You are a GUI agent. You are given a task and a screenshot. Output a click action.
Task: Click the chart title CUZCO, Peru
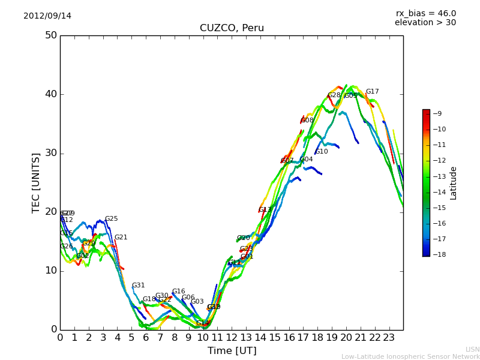pos(232,28)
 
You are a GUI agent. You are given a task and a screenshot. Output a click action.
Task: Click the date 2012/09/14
pos(47,16)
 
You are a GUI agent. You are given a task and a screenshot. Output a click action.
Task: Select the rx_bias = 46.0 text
pos(425,13)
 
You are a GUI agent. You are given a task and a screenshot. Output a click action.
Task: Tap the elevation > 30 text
pos(425,23)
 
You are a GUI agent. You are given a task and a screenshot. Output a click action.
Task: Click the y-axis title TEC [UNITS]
pos(36,182)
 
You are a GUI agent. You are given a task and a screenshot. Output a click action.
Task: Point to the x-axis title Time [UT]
pos(232,350)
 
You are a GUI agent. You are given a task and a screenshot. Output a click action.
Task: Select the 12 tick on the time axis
pos(232,338)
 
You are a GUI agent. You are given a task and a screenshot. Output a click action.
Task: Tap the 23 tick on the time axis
pos(389,338)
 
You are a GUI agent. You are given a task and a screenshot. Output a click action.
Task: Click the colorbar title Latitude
pos(454,183)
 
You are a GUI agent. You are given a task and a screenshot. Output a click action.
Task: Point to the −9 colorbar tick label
pos(437,113)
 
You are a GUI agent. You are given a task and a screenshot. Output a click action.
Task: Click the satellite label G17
pos(373,92)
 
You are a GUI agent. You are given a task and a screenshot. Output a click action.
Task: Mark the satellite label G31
pos(139,286)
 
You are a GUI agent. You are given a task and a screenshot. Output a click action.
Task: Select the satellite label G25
pos(112,219)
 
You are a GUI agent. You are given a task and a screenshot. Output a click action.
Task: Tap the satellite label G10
pos(322,152)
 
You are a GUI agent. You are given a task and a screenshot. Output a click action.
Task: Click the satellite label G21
pos(121,238)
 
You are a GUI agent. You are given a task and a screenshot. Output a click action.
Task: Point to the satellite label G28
pos(334,95)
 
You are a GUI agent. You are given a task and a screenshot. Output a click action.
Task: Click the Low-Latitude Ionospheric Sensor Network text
pos(410,356)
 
